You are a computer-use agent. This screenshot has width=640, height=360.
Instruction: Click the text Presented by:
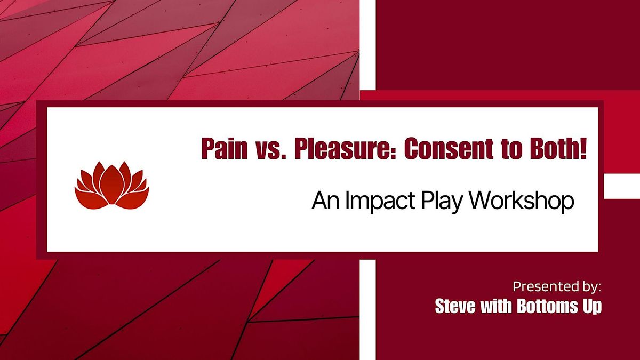pyautogui.click(x=557, y=287)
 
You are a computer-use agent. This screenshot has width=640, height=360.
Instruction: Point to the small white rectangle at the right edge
pyautogui.click(x=621, y=186)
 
